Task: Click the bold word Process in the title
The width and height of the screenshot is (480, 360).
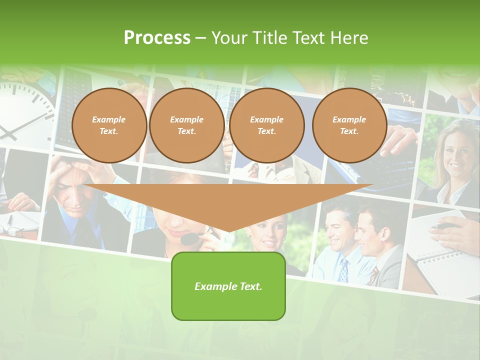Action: [x=157, y=38]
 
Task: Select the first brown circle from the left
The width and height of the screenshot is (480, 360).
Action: [x=109, y=125]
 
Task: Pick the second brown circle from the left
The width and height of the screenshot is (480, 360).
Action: [x=187, y=125]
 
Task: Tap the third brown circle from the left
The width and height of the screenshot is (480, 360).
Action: [x=267, y=125]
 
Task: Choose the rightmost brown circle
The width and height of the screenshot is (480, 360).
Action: [x=349, y=125]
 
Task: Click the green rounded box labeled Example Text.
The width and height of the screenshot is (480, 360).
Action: [x=228, y=286]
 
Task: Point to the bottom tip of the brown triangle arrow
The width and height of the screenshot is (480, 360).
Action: [x=228, y=231]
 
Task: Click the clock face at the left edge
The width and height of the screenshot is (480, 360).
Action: [x=22, y=112]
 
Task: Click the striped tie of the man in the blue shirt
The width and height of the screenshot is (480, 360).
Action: [x=344, y=270]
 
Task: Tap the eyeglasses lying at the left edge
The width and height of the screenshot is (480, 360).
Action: [x=12, y=230]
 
